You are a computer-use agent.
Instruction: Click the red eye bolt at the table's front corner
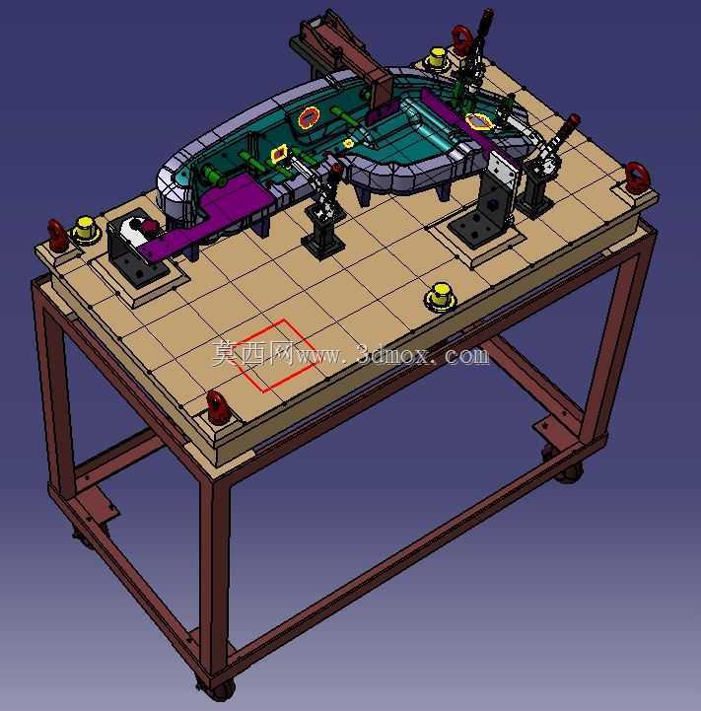218,407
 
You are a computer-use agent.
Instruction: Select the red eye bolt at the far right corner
637,177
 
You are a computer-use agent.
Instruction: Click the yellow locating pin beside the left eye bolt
85,229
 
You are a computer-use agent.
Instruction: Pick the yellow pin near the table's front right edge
440,297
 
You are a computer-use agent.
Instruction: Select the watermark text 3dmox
393,355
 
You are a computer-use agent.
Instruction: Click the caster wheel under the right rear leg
570,472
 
